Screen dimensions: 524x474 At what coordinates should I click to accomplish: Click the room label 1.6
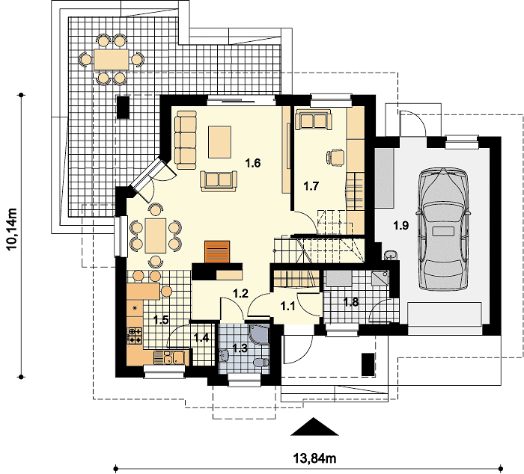click(253, 163)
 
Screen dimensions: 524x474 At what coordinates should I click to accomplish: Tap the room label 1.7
click(311, 186)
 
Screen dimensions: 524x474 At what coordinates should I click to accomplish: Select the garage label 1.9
click(400, 226)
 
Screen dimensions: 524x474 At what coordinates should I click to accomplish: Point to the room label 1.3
click(240, 348)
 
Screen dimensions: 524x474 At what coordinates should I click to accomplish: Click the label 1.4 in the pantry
click(201, 338)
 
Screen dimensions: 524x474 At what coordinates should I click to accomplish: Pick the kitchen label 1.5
click(161, 320)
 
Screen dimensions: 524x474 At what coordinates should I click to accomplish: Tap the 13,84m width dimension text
click(315, 458)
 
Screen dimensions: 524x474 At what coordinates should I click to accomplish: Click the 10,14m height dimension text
click(12, 229)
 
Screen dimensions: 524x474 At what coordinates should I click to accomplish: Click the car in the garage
click(443, 230)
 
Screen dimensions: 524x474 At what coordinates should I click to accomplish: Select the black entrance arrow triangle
click(314, 427)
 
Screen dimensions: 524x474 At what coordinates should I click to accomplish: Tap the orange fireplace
click(217, 252)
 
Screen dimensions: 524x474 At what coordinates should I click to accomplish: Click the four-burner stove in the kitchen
click(135, 336)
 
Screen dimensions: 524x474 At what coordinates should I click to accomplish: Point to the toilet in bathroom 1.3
click(261, 362)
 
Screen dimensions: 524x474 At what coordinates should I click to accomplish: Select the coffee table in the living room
click(219, 142)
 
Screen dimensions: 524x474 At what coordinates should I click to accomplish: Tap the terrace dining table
click(112, 59)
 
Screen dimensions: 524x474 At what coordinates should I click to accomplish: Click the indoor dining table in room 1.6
click(156, 236)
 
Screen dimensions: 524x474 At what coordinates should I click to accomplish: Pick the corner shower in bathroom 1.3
click(259, 335)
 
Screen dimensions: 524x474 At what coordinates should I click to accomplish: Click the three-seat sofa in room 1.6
click(186, 140)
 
